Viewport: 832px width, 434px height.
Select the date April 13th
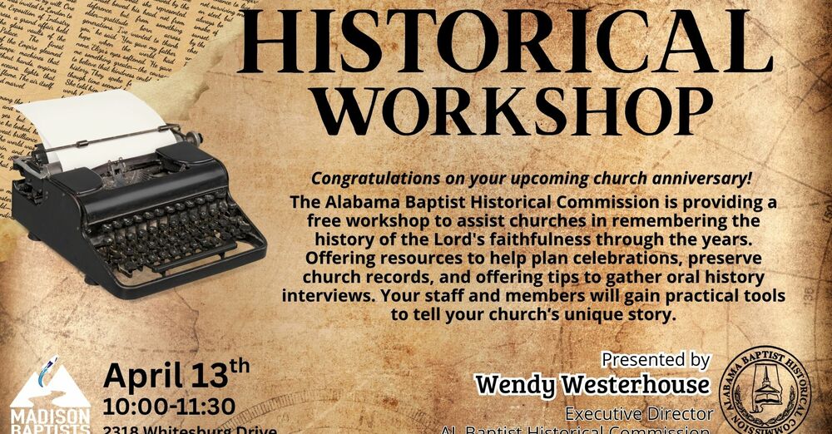click(x=176, y=376)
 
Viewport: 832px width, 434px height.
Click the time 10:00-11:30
click(x=169, y=408)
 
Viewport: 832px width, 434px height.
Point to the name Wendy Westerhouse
click(x=592, y=385)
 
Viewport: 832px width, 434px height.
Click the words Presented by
click(x=656, y=360)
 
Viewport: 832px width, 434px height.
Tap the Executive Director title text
click(x=639, y=413)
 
